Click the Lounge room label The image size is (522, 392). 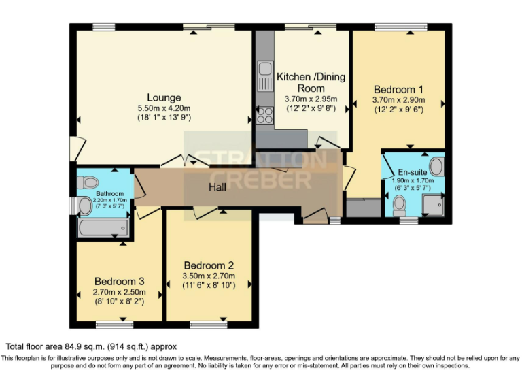pos(164,97)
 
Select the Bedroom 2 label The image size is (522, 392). pos(209,265)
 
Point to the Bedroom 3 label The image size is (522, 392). pos(119,281)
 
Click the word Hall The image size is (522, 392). pos(217,186)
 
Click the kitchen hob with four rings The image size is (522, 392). pos(264,114)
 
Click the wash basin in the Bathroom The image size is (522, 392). pos(86,205)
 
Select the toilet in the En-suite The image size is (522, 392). pos(400,204)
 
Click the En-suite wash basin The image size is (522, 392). pos(436,165)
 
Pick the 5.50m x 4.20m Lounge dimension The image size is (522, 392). pos(164,108)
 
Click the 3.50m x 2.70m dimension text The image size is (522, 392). pos(209,276)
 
